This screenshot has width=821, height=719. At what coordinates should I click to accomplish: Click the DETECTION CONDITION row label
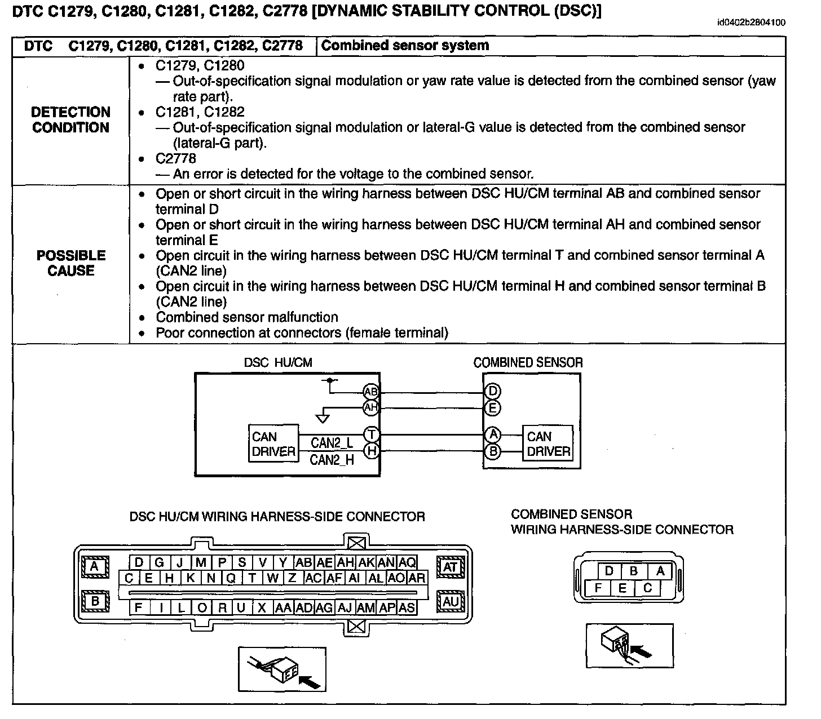click(70, 120)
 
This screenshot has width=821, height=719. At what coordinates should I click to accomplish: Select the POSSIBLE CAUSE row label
click(70, 263)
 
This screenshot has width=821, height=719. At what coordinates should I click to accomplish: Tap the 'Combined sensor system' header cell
click(405, 46)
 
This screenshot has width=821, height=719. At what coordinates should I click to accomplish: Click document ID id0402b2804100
click(751, 23)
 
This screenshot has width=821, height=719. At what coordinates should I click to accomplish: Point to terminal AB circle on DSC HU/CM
click(371, 392)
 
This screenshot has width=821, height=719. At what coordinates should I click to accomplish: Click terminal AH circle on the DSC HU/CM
click(371, 407)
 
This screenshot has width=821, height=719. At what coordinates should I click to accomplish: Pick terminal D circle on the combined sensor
click(492, 392)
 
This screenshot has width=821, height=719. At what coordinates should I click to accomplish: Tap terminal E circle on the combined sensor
click(492, 407)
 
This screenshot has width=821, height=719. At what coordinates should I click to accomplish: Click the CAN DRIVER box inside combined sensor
click(548, 444)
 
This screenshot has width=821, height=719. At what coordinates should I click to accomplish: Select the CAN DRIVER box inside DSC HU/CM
click(273, 444)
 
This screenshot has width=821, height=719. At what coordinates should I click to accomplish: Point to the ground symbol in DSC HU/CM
click(323, 418)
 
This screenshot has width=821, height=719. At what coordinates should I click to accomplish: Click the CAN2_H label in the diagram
click(332, 460)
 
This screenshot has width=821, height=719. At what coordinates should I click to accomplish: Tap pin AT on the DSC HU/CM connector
click(450, 567)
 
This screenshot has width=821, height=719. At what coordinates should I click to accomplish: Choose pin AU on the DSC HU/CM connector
click(450, 602)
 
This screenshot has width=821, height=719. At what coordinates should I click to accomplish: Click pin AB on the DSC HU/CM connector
click(303, 562)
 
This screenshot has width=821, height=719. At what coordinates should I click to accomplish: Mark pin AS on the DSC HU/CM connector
click(407, 608)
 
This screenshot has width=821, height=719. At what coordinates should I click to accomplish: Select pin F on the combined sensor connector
click(598, 588)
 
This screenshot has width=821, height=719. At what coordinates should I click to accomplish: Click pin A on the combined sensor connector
click(660, 571)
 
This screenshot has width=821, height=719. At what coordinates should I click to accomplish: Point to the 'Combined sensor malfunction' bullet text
click(246, 317)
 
